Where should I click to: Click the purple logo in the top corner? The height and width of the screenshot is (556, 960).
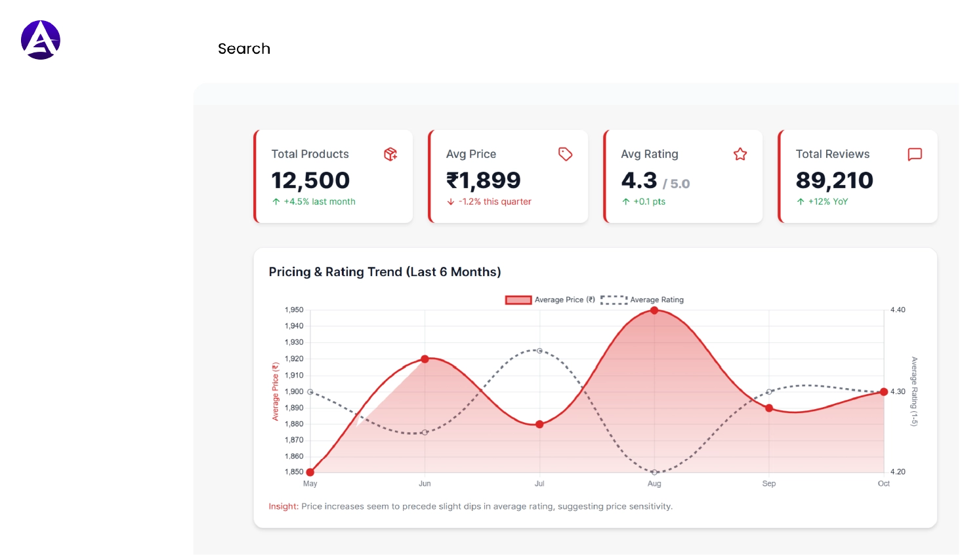coord(41,40)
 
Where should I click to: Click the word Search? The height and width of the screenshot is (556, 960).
coord(244,49)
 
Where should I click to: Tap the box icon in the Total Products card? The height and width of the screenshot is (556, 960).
coord(390,154)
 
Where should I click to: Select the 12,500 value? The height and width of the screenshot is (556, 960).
coord(310,180)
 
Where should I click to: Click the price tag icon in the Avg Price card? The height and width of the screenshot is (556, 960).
coord(565,154)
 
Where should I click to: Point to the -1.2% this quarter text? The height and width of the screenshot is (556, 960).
coord(494,202)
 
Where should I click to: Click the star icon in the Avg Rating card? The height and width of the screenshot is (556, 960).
coord(740,154)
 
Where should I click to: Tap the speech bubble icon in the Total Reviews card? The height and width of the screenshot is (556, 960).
coord(915,154)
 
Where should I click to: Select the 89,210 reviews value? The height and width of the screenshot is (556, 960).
coord(834,180)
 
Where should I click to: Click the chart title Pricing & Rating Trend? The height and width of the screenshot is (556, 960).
coord(385,272)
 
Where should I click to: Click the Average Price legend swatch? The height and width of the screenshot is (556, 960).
coord(518,300)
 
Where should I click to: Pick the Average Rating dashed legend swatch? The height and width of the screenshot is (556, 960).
coord(614,300)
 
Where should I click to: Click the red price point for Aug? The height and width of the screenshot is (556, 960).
coord(654,310)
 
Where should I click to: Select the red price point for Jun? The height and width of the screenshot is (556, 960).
coord(425,359)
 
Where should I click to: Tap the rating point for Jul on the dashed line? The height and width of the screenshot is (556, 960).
coord(539,351)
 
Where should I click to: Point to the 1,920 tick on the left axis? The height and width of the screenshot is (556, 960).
coord(294,359)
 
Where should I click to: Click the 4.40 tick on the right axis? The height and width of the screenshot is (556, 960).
coord(898,310)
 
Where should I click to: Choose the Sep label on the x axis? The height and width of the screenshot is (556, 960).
coord(769,484)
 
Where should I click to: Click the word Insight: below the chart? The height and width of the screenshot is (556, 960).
coord(283,507)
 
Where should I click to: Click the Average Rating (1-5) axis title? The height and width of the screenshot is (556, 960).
coord(914,391)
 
